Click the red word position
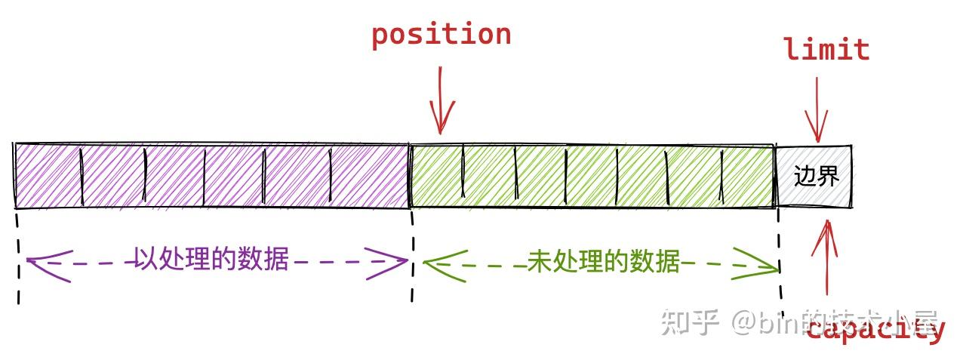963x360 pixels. (x=441, y=35)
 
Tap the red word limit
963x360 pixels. (x=826, y=50)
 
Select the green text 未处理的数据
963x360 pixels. (x=603, y=262)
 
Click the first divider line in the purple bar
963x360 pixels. (x=81, y=175)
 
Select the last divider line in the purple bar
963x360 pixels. (x=330, y=175)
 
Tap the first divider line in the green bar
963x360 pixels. (x=462, y=175)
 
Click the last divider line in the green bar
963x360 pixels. (x=722, y=175)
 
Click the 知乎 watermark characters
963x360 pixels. (x=688, y=322)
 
